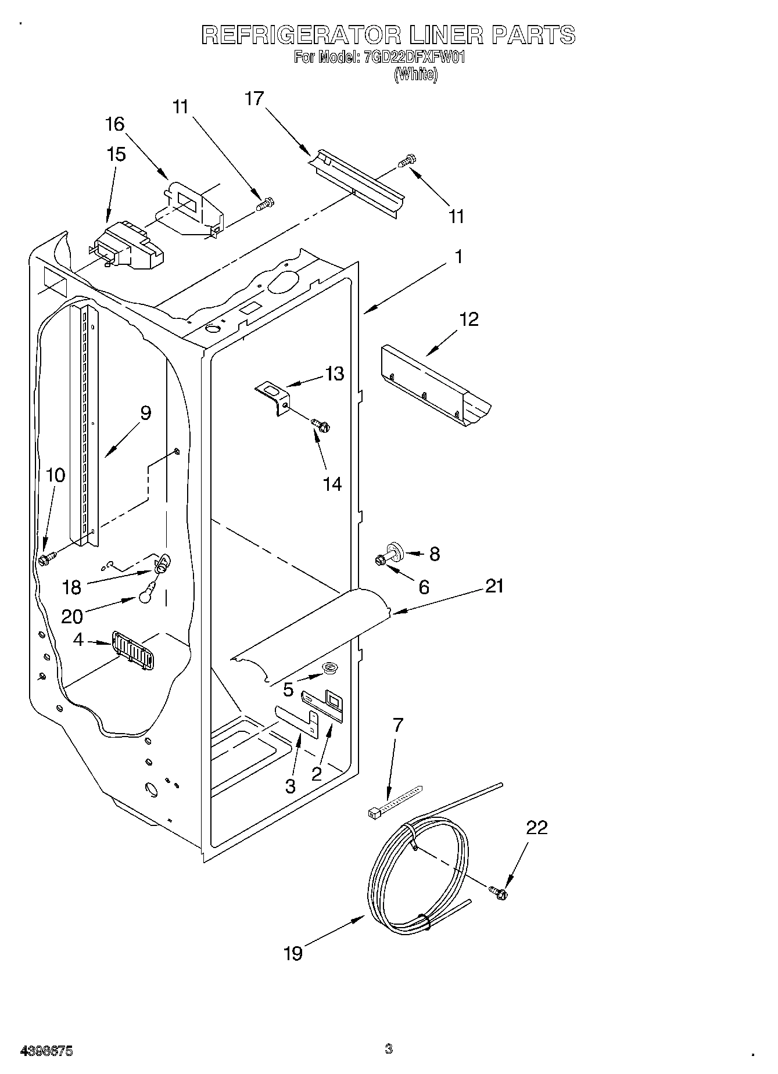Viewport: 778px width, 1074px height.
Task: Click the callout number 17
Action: [254, 99]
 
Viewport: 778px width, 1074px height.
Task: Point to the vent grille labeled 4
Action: [132, 651]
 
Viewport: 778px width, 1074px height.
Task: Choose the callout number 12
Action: [469, 319]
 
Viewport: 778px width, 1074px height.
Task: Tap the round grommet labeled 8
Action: [396, 549]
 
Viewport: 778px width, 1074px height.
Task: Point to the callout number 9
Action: [145, 413]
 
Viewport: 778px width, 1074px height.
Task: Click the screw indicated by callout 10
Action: [46, 559]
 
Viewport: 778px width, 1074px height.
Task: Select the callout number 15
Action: [116, 155]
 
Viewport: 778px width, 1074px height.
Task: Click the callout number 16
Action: [115, 124]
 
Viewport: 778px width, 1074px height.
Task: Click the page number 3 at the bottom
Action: [388, 1049]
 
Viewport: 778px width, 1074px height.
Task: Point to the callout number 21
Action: [494, 586]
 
